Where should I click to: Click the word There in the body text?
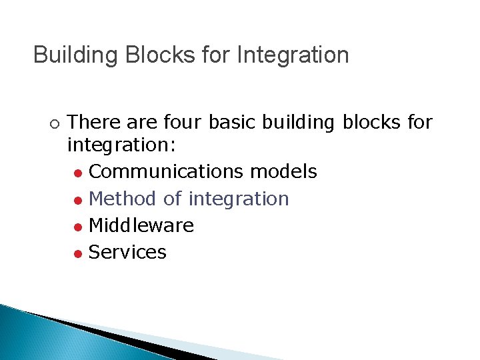[x=91, y=123]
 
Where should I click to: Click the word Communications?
[x=166, y=172]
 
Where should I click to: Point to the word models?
[x=283, y=172]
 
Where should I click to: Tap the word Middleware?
[x=141, y=226]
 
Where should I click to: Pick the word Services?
[x=127, y=253]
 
